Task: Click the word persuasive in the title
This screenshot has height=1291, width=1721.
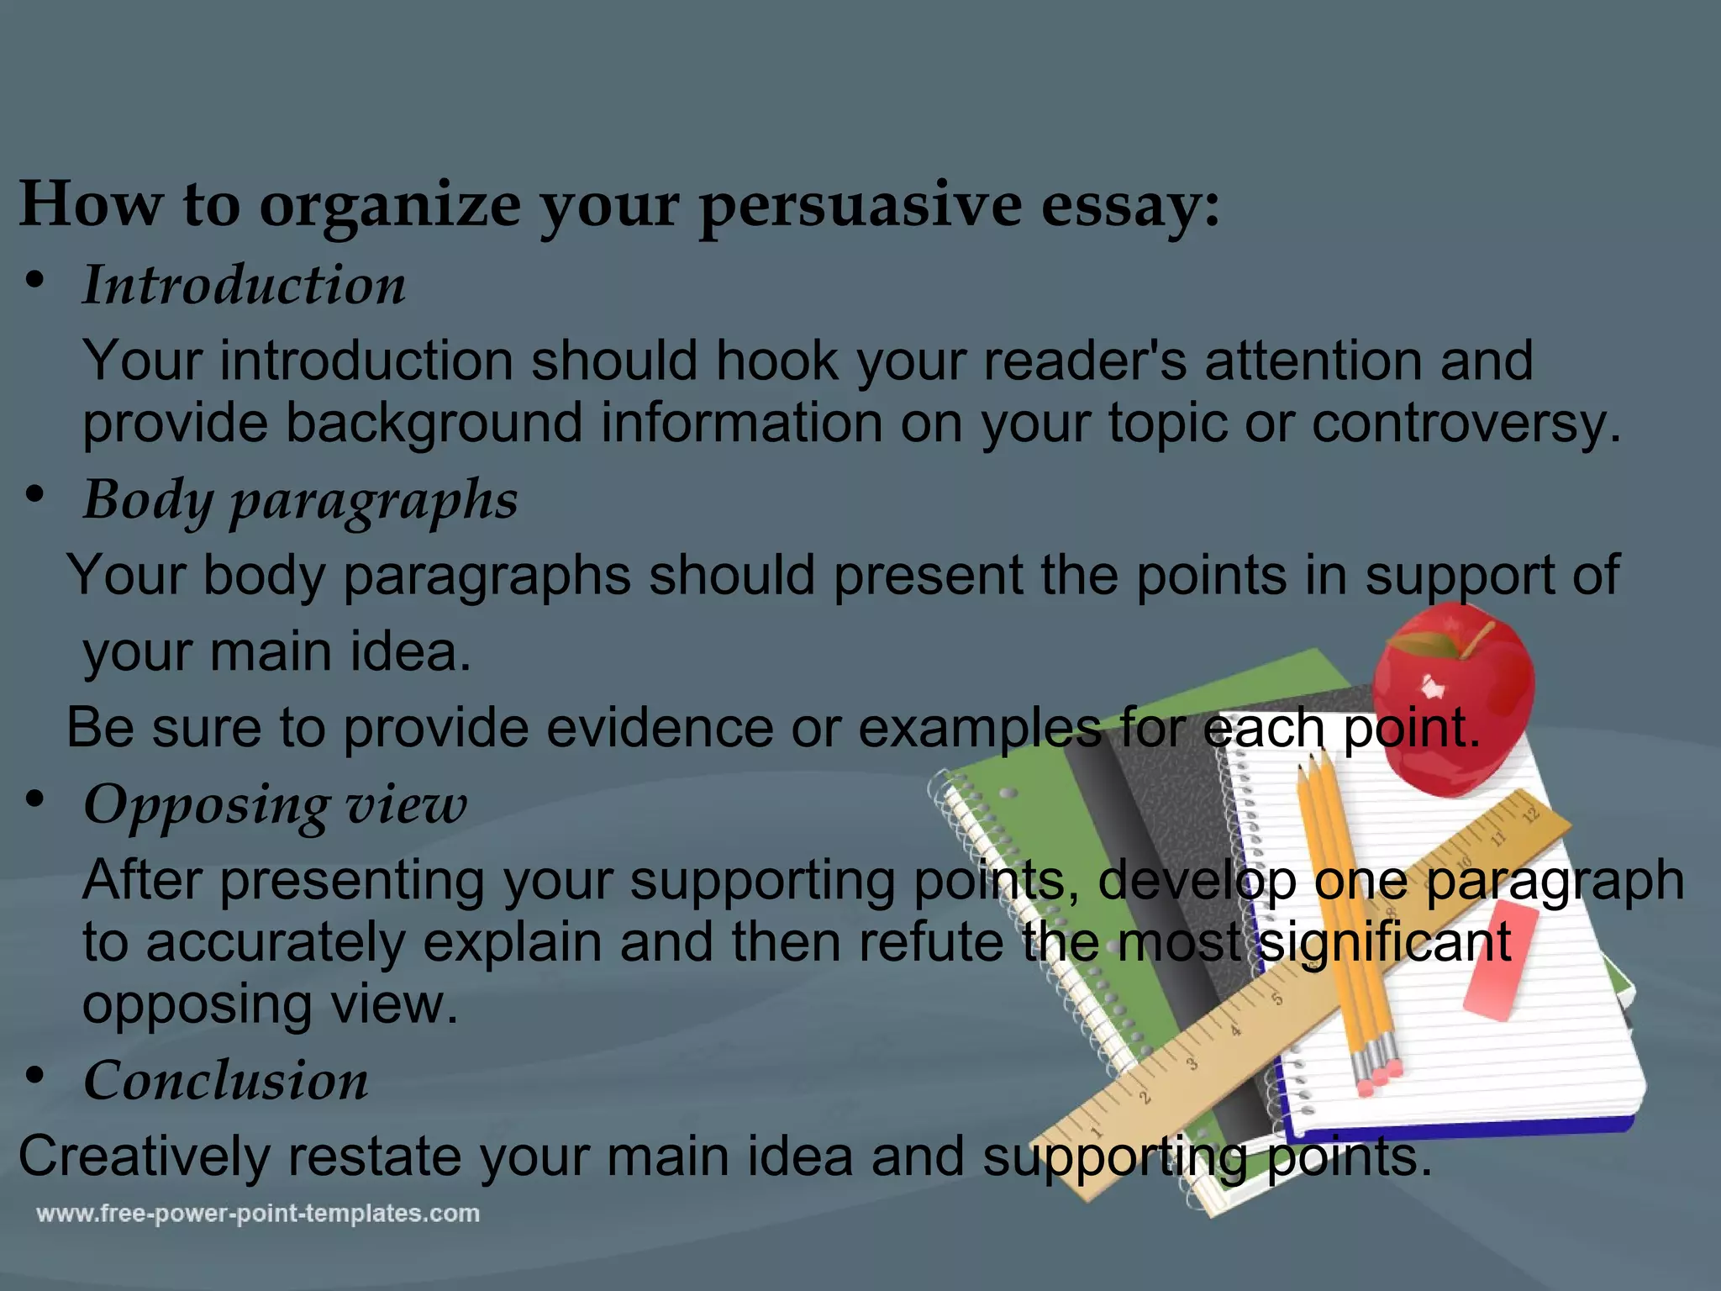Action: [859, 206]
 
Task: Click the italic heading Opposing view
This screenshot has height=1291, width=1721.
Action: [275, 804]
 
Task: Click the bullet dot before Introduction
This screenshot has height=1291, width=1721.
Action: [34, 282]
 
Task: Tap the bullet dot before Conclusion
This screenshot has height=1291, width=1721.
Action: [34, 1075]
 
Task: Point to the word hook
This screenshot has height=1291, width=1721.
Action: [776, 361]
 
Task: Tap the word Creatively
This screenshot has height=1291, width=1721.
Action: [143, 1157]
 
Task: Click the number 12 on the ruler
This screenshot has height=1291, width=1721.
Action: [1530, 814]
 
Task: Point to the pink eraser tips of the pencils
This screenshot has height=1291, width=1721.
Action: [1378, 1077]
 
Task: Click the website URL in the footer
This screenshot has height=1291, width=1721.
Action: [258, 1214]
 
